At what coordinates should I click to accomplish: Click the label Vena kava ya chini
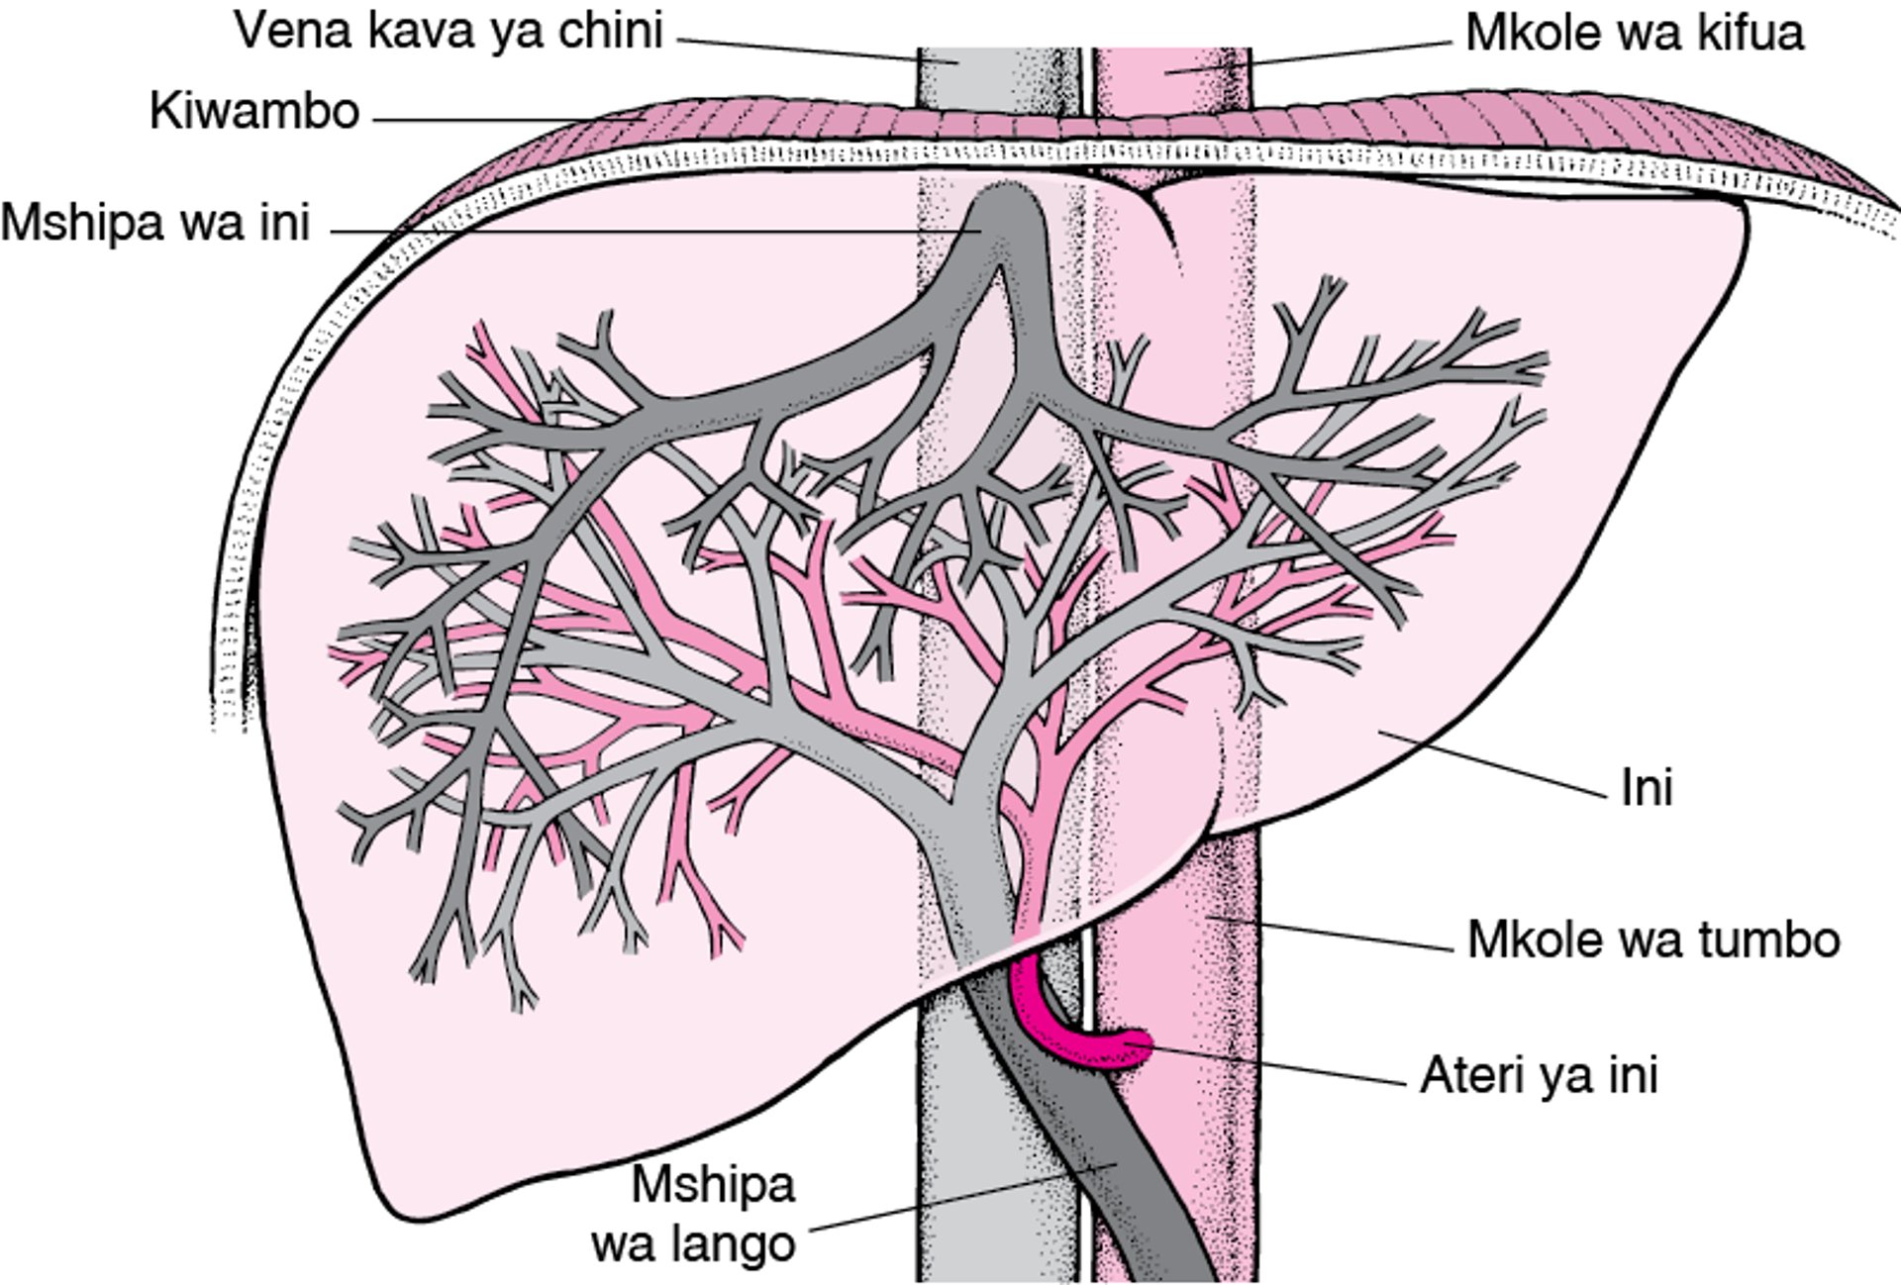(x=448, y=32)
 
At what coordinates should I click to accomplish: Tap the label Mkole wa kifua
(x=1635, y=34)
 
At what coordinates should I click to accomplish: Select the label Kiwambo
(x=253, y=111)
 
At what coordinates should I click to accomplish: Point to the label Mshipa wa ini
(x=155, y=224)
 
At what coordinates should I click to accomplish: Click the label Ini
(x=1647, y=789)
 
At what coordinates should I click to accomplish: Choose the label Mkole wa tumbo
(x=1653, y=939)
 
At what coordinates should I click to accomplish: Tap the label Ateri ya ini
(x=1539, y=1075)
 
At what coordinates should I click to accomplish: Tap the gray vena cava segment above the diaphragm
(x=956, y=74)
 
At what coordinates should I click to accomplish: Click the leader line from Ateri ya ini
(x=1277, y=1063)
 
